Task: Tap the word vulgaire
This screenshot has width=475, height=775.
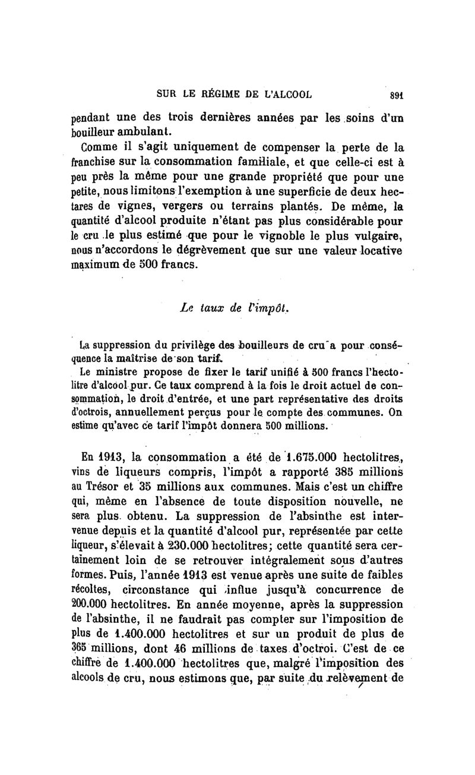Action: (380, 238)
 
